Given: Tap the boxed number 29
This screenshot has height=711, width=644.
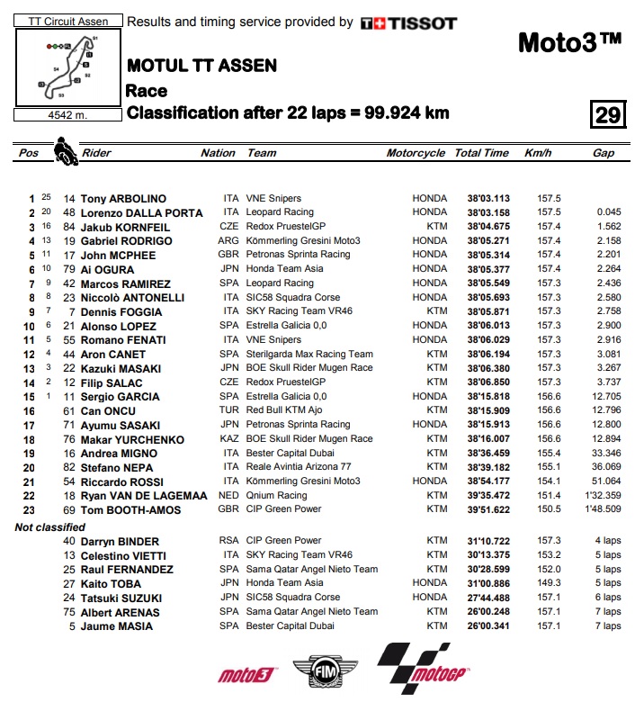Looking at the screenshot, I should [x=607, y=115].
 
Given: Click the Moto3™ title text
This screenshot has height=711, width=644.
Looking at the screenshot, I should [x=570, y=42].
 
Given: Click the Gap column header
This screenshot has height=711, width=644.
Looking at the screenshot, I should [x=604, y=153].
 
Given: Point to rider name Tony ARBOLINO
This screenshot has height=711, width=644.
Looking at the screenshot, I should [x=123, y=198].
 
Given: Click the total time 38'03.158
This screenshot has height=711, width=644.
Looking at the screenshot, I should [x=488, y=212].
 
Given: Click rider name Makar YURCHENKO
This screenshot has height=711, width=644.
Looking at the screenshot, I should [x=132, y=439].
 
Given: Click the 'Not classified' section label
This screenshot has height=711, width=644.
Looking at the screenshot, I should [x=50, y=526].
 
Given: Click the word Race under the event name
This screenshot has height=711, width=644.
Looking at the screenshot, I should [x=147, y=90].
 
